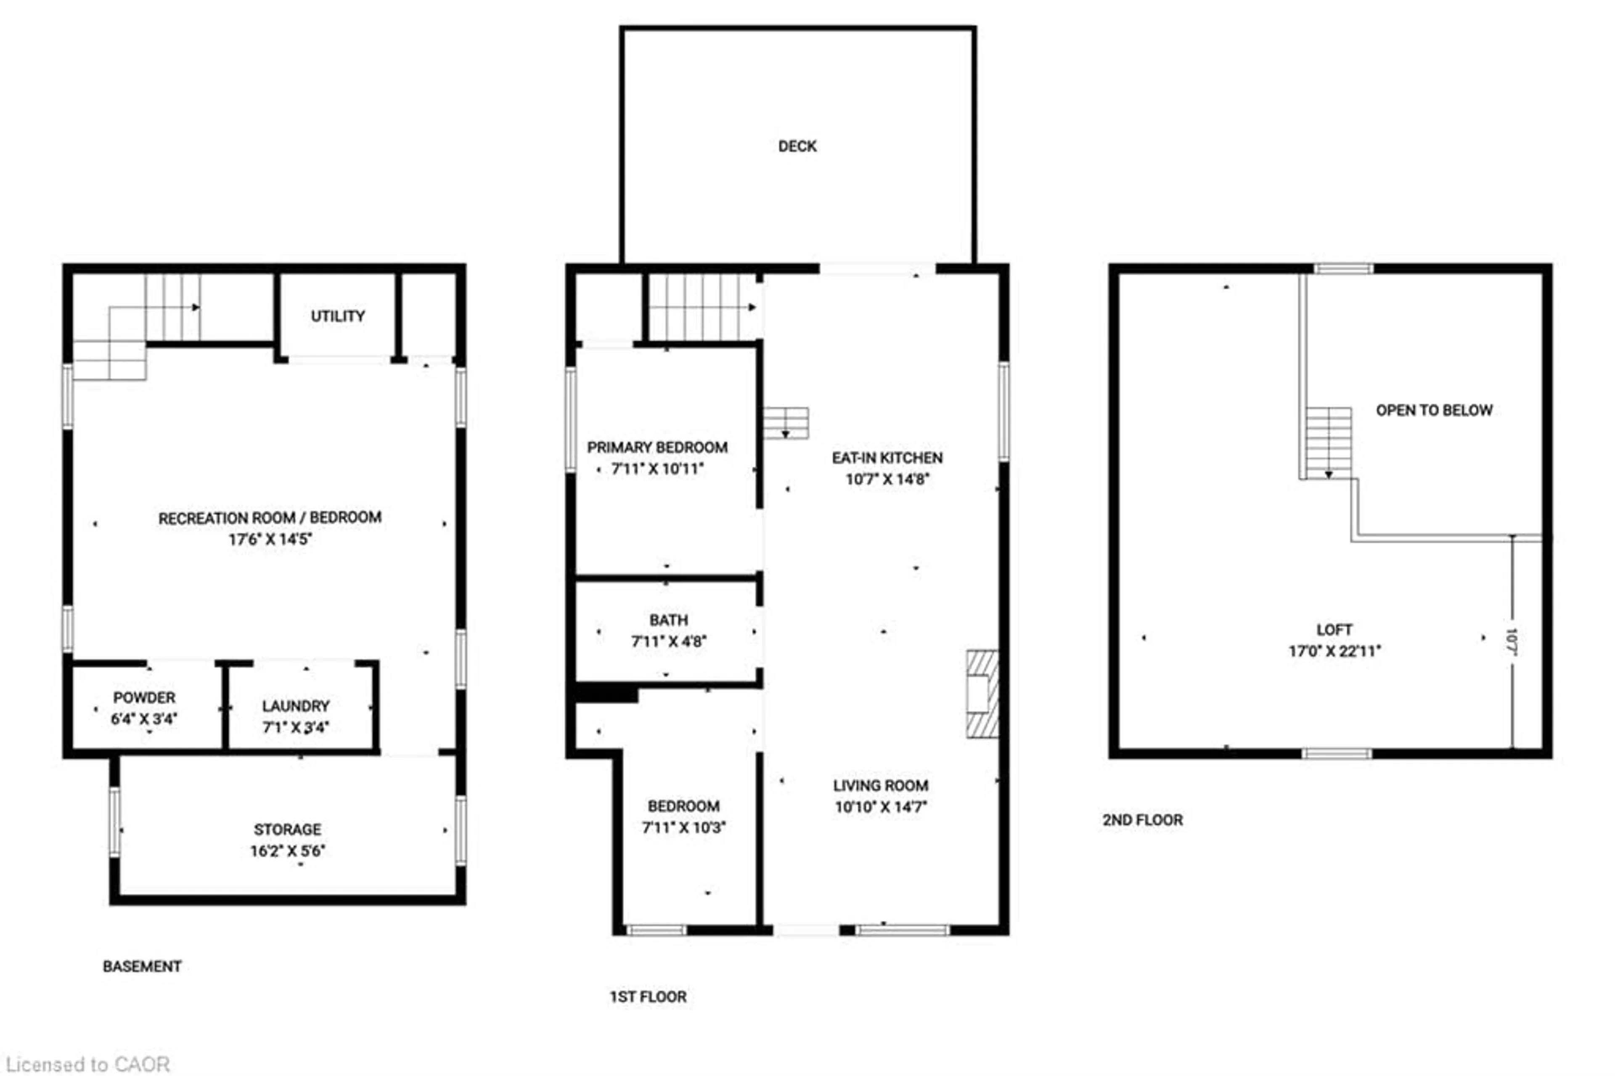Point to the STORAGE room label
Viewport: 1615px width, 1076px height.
tap(288, 829)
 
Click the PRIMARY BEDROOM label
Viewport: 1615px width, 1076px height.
tap(657, 448)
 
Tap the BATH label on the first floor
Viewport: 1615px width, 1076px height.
tap(668, 620)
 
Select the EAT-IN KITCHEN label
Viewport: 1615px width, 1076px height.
tap(887, 458)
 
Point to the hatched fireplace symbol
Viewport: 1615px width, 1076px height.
tap(982, 693)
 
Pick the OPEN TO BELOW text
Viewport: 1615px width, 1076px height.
tap(1434, 411)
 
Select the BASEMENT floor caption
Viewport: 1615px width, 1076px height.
tap(142, 966)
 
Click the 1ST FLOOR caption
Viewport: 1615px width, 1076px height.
tap(648, 996)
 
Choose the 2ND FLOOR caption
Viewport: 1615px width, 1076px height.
tap(1142, 820)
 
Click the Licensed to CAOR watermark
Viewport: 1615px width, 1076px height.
tap(88, 1064)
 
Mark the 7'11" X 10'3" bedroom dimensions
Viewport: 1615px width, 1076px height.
tap(683, 827)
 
